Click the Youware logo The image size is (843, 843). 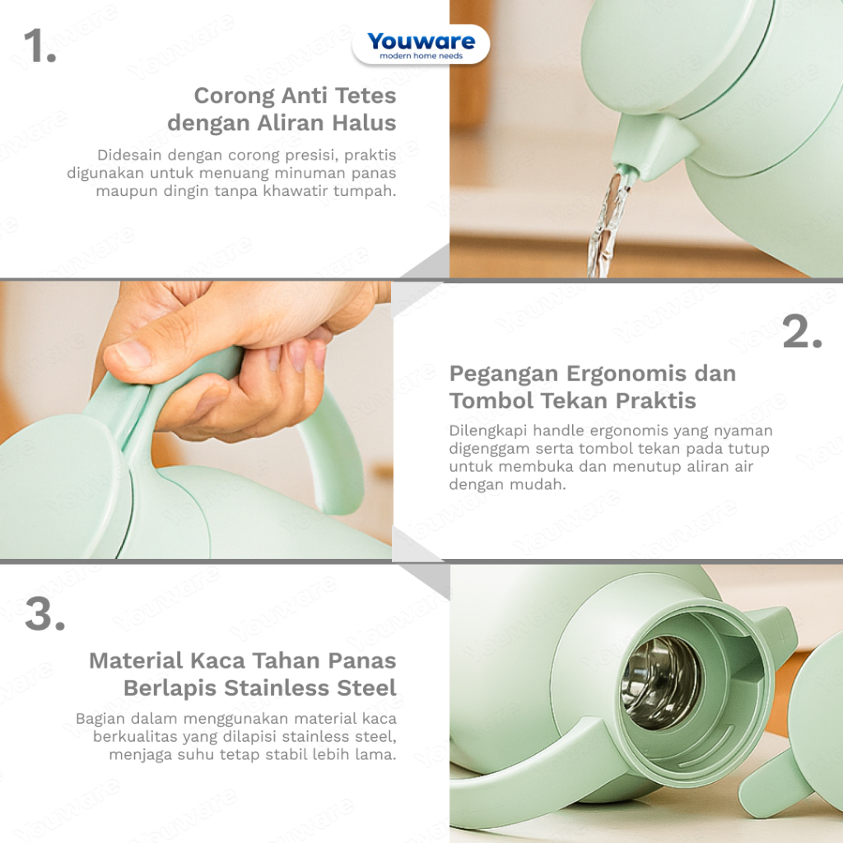pos(421,45)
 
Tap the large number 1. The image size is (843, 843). pos(40,46)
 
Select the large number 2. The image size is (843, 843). pos(802,332)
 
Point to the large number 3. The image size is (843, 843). pos(45,613)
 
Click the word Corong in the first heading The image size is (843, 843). pos(235,95)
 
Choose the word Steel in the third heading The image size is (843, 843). pos(366,687)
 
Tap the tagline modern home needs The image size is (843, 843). pos(421,56)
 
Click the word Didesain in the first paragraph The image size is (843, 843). pos(129,155)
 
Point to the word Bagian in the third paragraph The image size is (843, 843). pos(100,720)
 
